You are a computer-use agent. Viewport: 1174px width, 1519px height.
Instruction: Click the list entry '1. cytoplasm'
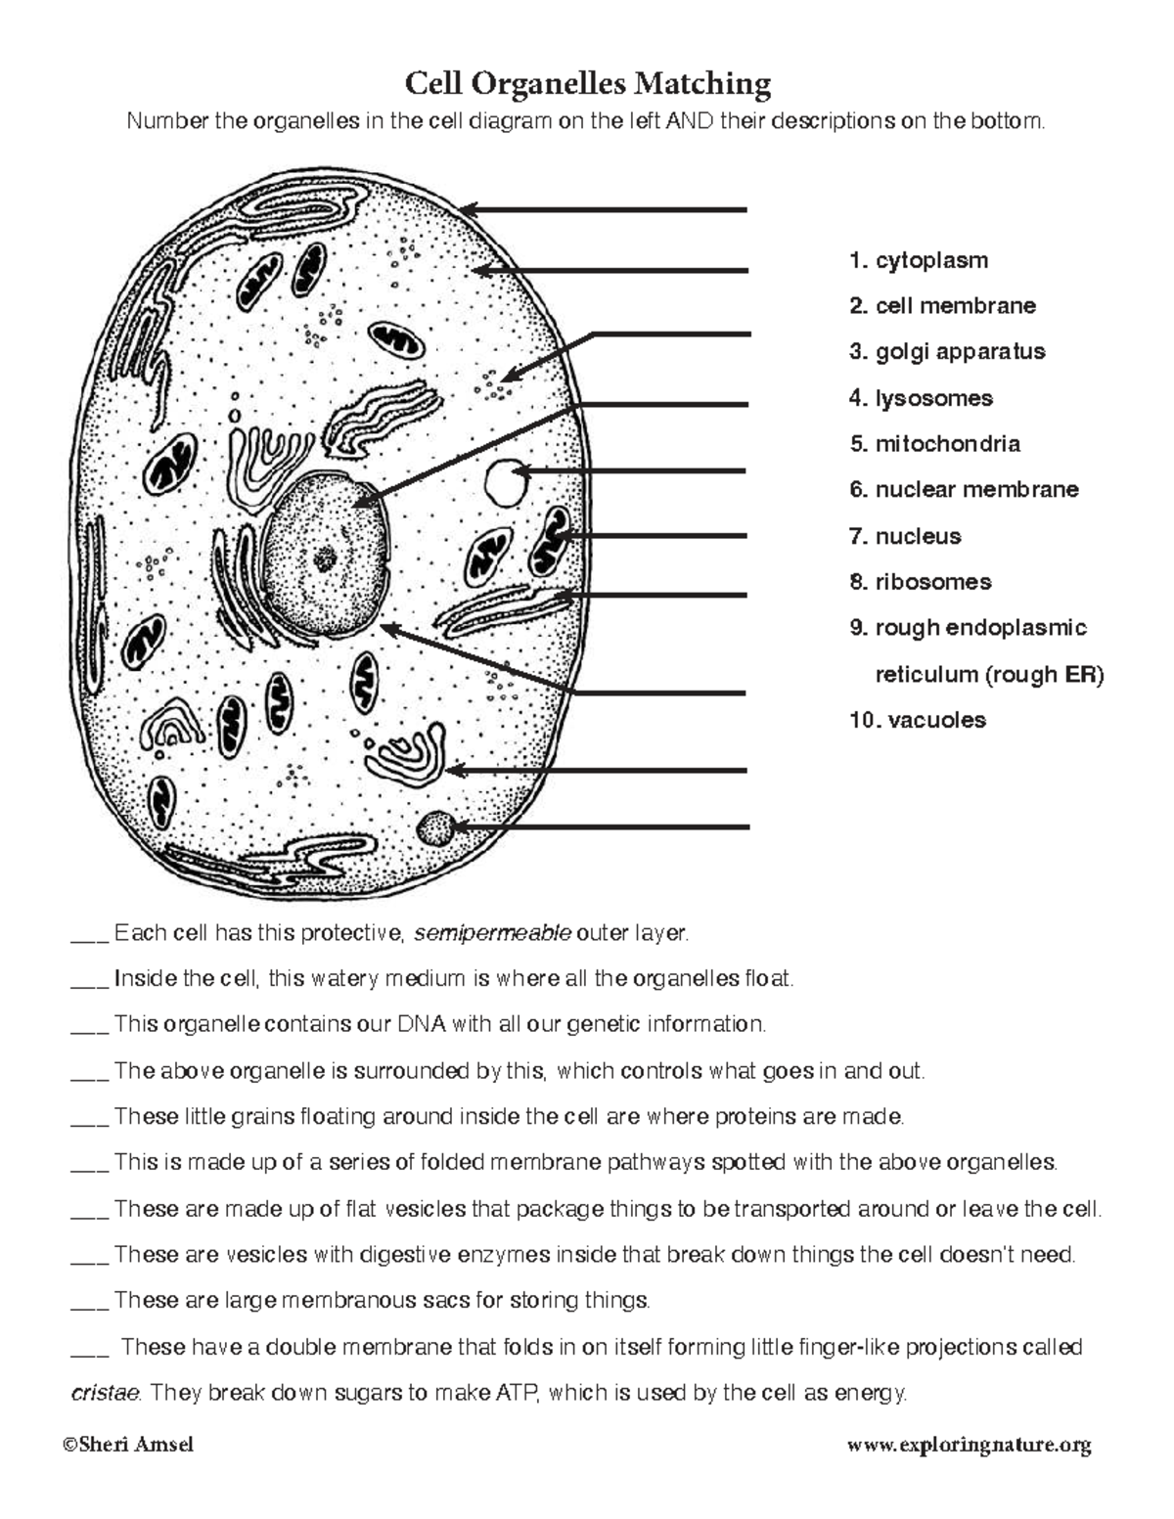click(x=919, y=261)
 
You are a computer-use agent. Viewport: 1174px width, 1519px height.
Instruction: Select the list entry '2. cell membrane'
click(x=942, y=306)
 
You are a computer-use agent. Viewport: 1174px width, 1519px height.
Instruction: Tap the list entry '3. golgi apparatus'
click(x=947, y=352)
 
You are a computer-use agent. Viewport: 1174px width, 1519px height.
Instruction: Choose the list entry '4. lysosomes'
click(x=921, y=398)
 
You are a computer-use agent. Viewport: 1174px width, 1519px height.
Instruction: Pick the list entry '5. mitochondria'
click(x=934, y=444)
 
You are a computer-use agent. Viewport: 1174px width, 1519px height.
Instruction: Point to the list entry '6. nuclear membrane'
click(x=964, y=490)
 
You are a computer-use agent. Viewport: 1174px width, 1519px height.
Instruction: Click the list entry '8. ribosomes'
click(x=920, y=582)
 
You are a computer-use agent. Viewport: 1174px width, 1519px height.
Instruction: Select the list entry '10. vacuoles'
click(x=918, y=721)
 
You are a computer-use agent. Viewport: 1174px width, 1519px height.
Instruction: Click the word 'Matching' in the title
click(x=701, y=84)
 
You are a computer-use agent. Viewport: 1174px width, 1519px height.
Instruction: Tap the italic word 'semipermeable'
click(x=492, y=934)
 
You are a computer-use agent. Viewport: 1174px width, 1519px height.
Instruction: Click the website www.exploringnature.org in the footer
click(x=969, y=1445)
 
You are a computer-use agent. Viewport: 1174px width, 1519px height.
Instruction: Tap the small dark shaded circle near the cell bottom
click(x=434, y=829)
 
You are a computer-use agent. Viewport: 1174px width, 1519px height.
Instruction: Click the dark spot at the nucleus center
click(x=325, y=559)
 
